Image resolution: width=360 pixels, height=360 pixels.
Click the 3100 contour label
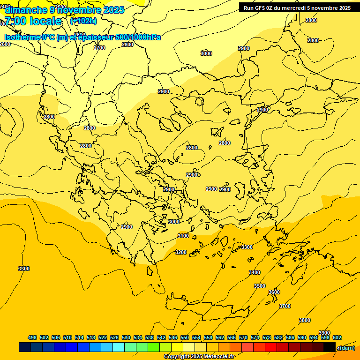(x=183, y=236)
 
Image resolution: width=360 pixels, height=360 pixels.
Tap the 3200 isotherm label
(x=181, y=252)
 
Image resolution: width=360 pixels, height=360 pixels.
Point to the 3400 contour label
(x=255, y=272)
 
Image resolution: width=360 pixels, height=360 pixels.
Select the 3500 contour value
(x=260, y=286)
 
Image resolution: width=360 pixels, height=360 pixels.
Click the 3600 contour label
(x=274, y=292)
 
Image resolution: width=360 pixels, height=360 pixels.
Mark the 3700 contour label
(x=285, y=306)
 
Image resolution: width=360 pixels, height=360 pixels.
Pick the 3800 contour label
(x=305, y=320)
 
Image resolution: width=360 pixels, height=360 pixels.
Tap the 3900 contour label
(x=324, y=333)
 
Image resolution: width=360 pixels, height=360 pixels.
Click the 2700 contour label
(x=99, y=48)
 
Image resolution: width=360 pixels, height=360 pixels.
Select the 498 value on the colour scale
(x=32, y=337)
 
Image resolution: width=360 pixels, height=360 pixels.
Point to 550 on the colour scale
(x=185, y=337)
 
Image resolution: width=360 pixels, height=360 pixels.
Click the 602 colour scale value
(x=337, y=337)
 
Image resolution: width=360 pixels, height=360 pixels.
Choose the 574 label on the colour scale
(x=255, y=337)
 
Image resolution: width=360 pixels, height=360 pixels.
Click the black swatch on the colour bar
(x=330, y=347)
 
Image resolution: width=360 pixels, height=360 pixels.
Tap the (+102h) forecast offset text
(x=83, y=21)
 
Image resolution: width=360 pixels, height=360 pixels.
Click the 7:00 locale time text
(x=33, y=21)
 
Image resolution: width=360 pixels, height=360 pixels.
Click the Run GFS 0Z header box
(x=297, y=8)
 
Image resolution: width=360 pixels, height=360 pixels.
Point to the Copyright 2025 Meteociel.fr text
(x=199, y=356)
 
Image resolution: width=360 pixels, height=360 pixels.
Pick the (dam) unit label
(x=346, y=348)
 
